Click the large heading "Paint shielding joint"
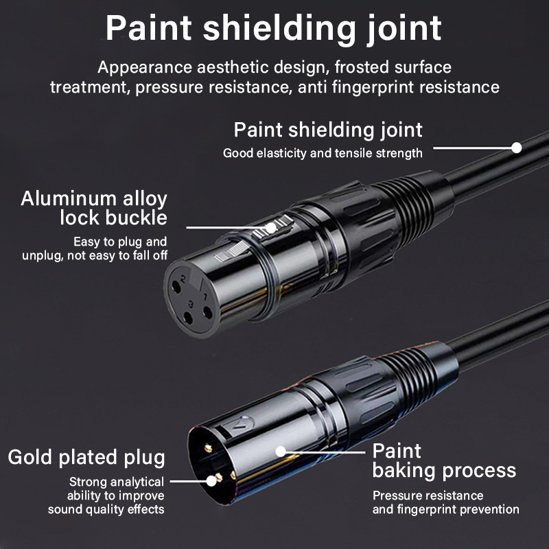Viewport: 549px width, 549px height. tap(273, 29)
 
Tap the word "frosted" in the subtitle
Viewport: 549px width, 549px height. tap(362, 67)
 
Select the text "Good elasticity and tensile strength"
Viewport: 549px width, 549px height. tap(323, 153)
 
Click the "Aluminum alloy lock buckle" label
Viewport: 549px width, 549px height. tap(94, 208)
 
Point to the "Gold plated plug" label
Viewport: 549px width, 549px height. tap(86, 458)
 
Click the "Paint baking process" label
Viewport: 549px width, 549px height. tap(444, 460)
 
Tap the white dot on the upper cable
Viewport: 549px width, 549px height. tap(516, 148)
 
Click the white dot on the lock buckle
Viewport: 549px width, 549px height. tap(270, 228)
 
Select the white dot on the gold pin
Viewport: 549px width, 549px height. tap(211, 481)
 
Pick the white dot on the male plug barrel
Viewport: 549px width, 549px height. tap(281, 452)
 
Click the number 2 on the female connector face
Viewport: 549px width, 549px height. tap(183, 279)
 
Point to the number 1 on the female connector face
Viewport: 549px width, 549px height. tap(205, 297)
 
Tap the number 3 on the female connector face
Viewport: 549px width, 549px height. tap(191, 304)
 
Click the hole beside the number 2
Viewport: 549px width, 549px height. tap(176, 288)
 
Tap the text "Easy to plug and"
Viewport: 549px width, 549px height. tap(120, 242)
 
